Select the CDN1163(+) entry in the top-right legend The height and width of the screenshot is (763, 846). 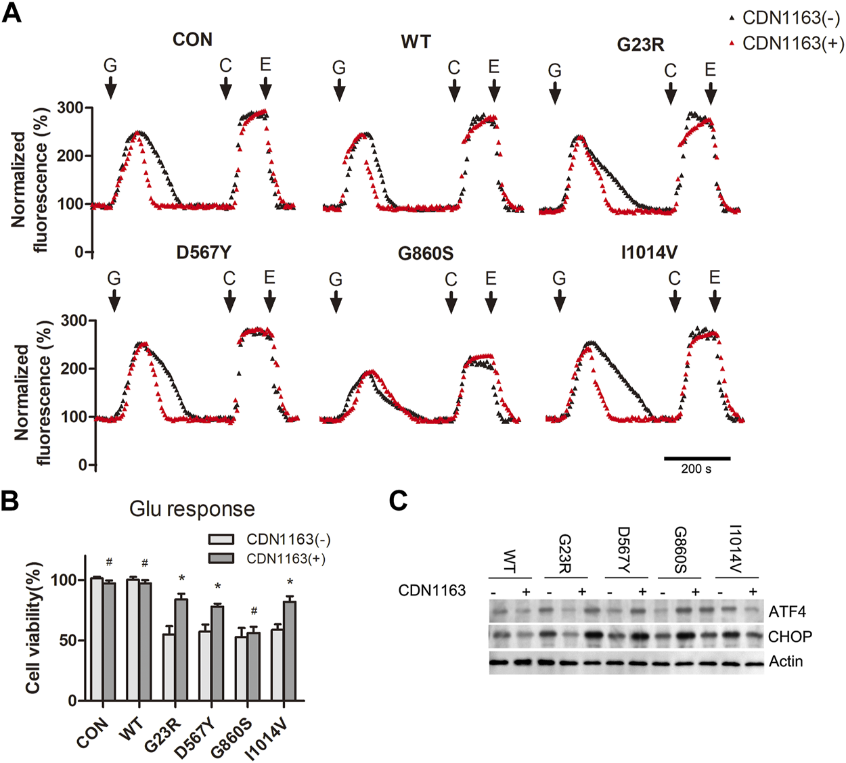point(793,43)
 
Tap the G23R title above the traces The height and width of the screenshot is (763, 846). point(640,45)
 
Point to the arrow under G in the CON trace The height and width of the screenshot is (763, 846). point(110,87)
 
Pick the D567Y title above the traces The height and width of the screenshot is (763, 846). point(204,253)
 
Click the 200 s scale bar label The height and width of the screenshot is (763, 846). point(696,469)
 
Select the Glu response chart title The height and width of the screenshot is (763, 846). point(192,509)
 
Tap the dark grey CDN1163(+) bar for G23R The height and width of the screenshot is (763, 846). point(180,649)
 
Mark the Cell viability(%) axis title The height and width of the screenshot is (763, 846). point(33,628)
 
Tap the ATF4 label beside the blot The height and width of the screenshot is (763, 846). point(787,612)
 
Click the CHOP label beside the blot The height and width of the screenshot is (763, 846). point(790,637)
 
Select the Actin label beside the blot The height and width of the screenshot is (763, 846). point(786,661)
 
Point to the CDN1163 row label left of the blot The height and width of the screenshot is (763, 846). point(432,591)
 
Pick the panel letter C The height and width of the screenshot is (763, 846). point(399,501)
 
